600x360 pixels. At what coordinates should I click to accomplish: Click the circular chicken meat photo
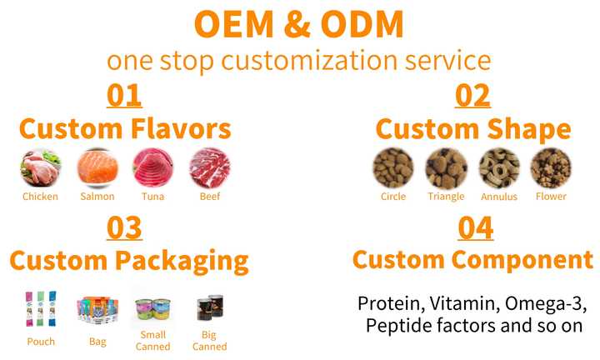(x=40, y=168)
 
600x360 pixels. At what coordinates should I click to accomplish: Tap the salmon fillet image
(x=97, y=168)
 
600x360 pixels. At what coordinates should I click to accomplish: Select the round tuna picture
(x=153, y=168)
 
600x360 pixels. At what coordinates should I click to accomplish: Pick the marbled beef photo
(x=210, y=168)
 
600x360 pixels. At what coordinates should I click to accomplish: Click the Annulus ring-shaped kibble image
(x=499, y=168)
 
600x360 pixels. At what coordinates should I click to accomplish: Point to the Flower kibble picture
(x=551, y=168)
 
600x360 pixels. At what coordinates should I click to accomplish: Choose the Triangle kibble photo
(x=446, y=168)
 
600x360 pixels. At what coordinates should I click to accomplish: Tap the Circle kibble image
(x=393, y=168)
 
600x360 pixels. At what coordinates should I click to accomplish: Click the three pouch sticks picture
(x=41, y=308)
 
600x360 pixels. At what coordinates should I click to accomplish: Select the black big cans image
(x=210, y=307)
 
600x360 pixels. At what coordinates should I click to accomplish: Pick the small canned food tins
(x=152, y=309)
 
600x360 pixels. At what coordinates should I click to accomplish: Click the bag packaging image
(x=97, y=310)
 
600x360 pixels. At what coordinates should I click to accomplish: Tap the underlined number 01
(x=124, y=96)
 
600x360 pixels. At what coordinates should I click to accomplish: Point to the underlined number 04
(x=476, y=228)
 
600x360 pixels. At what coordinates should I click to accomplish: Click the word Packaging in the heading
(x=182, y=262)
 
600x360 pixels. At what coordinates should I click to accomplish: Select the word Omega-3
(x=546, y=303)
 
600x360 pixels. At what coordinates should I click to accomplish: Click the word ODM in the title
(x=362, y=23)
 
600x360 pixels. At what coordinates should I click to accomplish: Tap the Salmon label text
(x=97, y=197)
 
